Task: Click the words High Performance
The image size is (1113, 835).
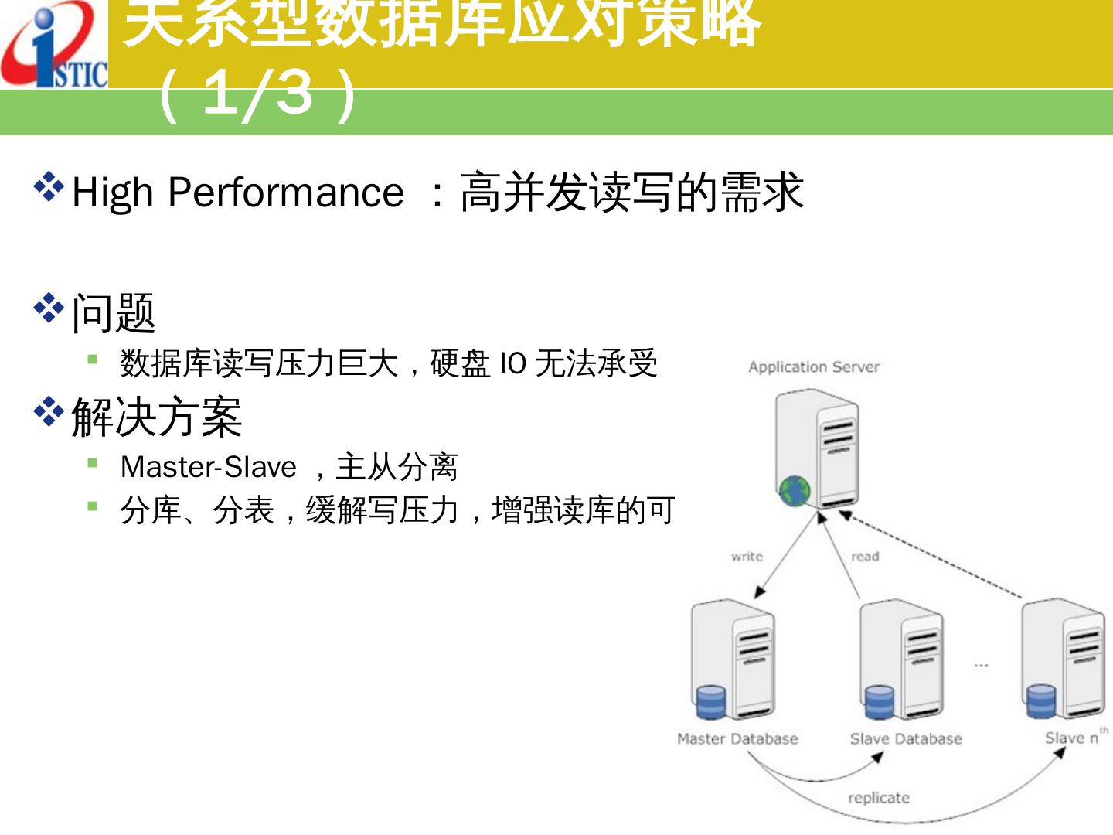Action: (237, 192)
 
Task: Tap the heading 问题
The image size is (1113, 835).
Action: (114, 313)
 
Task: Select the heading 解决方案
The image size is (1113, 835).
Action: (157, 417)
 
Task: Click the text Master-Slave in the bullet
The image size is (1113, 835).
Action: (209, 467)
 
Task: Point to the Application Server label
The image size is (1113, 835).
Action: (814, 367)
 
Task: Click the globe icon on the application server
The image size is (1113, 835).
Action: (795, 490)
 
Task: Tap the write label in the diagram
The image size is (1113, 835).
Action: (747, 557)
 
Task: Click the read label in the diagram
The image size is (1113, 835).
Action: (865, 557)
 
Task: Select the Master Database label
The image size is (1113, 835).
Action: (737, 739)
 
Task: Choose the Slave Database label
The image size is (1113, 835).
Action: (906, 739)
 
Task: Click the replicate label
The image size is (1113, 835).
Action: (879, 798)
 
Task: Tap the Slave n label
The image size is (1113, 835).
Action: (1072, 738)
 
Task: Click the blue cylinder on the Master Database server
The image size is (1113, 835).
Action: (711, 701)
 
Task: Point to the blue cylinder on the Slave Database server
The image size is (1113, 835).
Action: (879, 701)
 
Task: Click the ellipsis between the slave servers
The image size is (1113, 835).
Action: (981, 665)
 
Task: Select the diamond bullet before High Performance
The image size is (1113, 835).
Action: (49, 188)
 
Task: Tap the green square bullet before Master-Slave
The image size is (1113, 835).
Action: (93, 463)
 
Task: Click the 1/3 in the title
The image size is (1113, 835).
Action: (258, 94)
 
